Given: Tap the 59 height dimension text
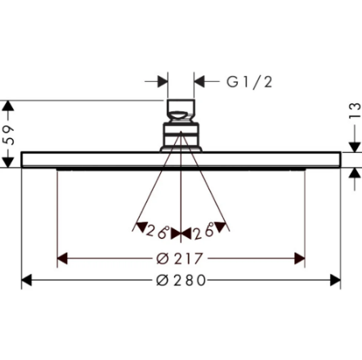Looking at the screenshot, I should click(11, 134).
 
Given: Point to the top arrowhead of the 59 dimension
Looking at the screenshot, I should click(10, 106).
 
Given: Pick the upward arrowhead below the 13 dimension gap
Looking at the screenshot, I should click(353, 173).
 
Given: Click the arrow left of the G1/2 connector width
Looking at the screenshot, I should click(161, 81).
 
